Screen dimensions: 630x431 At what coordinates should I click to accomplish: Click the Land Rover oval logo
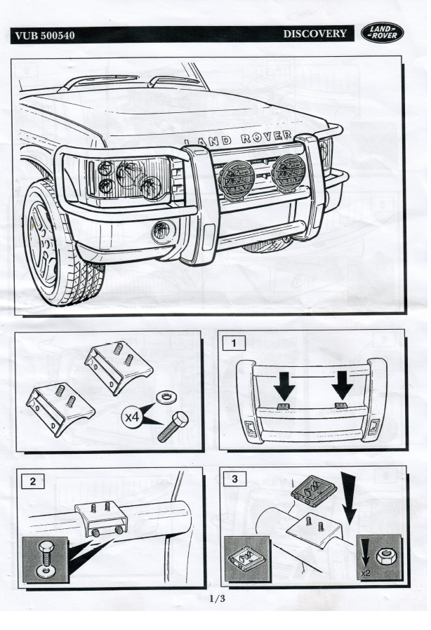(383, 33)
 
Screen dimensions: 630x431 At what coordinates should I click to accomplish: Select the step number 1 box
(233, 344)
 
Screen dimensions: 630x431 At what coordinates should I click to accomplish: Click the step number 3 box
(233, 479)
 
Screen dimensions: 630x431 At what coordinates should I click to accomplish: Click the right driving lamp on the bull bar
(289, 170)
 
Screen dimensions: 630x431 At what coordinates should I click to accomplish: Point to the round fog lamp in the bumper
(163, 231)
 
